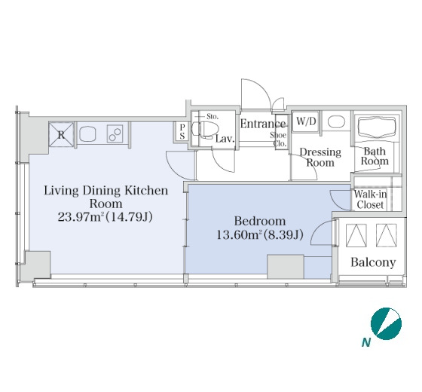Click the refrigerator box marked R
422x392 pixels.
[x=61, y=134]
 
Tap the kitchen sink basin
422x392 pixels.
[x=87, y=134]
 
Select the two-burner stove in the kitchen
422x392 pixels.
[x=115, y=134]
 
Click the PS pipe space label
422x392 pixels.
[x=182, y=131]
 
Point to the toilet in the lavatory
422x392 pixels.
[x=203, y=129]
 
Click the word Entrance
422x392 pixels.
[x=263, y=124]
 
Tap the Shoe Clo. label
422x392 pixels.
[x=279, y=139]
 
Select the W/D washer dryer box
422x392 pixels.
[x=306, y=121]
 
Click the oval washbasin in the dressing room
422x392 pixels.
[x=336, y=122]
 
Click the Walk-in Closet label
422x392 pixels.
[x=370, y=199]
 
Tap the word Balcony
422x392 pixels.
[x=373, y=262]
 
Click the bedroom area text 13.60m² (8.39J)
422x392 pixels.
[x=260, y=234]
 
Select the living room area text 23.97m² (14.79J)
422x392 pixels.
[x=105, y=216]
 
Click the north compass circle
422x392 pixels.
[x=386, y=323]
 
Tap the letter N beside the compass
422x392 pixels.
[x=366, y=342]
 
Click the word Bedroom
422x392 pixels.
[x=260, y=221]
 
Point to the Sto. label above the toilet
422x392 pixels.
[x=213, y=117]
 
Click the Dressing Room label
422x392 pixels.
[x=320, y=158]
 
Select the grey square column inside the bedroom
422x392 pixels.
[x=286, y=267]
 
